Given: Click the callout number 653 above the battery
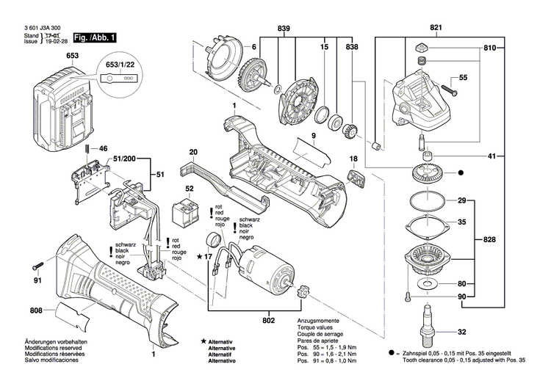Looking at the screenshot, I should [73, 56].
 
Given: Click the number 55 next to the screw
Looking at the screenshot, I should [464, 77].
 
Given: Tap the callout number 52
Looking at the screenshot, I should [190, 189].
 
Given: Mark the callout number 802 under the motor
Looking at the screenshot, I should [269, 320].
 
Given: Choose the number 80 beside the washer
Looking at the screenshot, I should [461, 283].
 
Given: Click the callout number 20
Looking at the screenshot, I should [193, 153].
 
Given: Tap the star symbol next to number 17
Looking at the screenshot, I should [199, 256].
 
